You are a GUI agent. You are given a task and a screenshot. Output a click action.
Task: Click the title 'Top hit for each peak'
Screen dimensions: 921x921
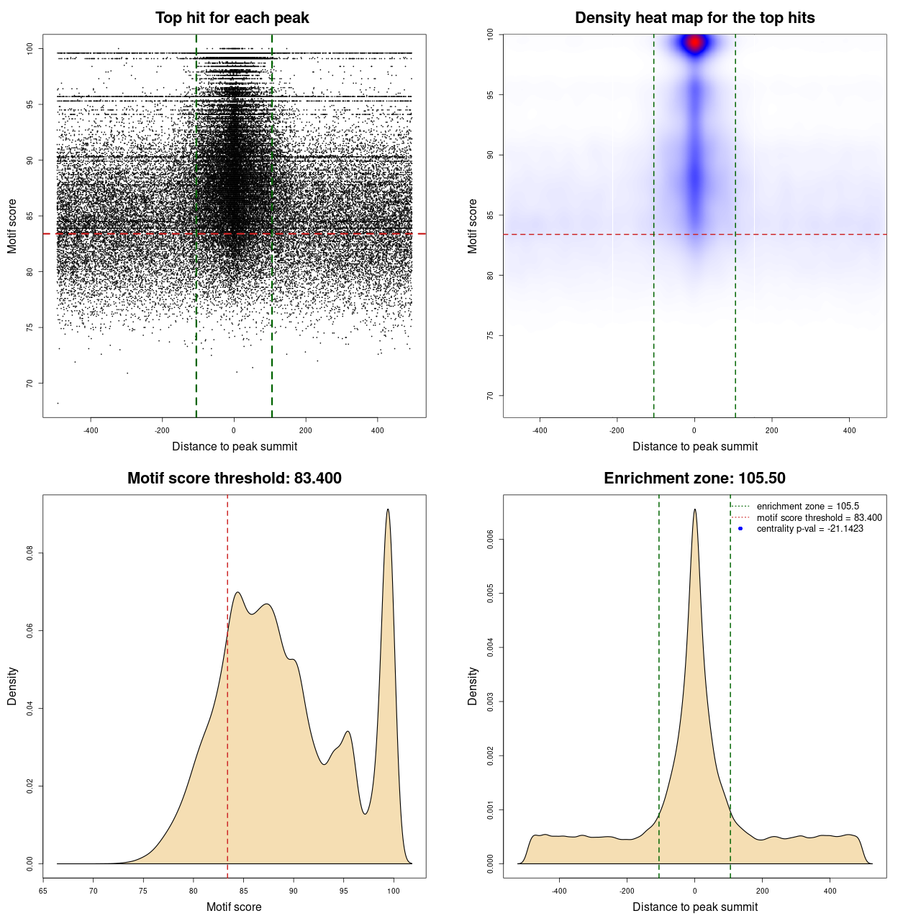click(x=232, y=18)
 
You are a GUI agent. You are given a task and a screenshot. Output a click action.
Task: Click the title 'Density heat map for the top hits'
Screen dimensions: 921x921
click(x=694, y=18)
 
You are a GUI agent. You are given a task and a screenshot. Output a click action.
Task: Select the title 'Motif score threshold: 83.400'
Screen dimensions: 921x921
click(x=234, y=478)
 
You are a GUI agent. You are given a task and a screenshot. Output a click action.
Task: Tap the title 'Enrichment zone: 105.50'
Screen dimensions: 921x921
click(x=694, y=478)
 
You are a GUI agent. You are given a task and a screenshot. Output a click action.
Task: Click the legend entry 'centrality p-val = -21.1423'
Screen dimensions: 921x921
click(x=809, y=529)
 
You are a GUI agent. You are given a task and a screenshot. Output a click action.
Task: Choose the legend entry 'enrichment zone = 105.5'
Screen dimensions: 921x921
click(x=807, y=507)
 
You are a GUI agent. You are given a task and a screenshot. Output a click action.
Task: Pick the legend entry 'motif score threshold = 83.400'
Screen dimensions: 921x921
click(x=819, y=518)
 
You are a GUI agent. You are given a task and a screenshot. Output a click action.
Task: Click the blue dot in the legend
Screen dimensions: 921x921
click(x=740, y=529)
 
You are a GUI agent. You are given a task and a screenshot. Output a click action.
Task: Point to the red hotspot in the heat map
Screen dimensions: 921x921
click(x=694, y=43)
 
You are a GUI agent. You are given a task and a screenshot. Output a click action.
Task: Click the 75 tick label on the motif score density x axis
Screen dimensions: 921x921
click(x=143, y=891)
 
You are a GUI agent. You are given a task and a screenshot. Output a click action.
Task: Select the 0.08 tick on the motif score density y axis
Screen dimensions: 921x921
click(x=30, y=553)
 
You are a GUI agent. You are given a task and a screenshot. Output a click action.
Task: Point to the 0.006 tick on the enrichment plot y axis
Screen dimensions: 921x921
click(x=491, y=540)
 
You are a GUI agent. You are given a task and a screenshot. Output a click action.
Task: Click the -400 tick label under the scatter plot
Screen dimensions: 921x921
click(x=91, y=430)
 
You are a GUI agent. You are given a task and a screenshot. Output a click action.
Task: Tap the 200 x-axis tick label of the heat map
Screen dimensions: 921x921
click(x=772, y=430)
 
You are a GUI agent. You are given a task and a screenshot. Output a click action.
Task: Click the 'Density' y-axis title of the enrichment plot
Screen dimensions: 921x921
click(x=473, y=686)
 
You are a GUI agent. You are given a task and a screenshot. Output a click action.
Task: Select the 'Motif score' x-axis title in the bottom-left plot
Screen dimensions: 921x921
click(x=234, y=907)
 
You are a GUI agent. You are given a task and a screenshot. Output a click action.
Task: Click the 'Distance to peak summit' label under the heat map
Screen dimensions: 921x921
click(x=694, y=446)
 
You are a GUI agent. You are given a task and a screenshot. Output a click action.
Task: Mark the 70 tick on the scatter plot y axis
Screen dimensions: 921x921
click(x=30, y=383)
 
